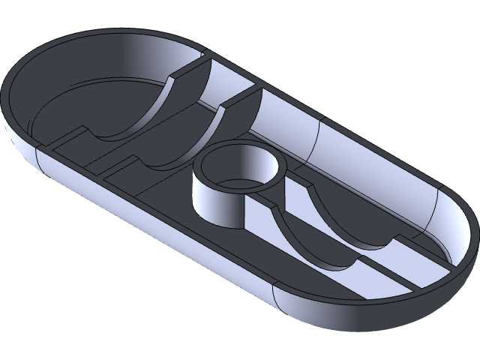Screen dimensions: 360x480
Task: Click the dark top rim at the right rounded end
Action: tap(469, 247)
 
